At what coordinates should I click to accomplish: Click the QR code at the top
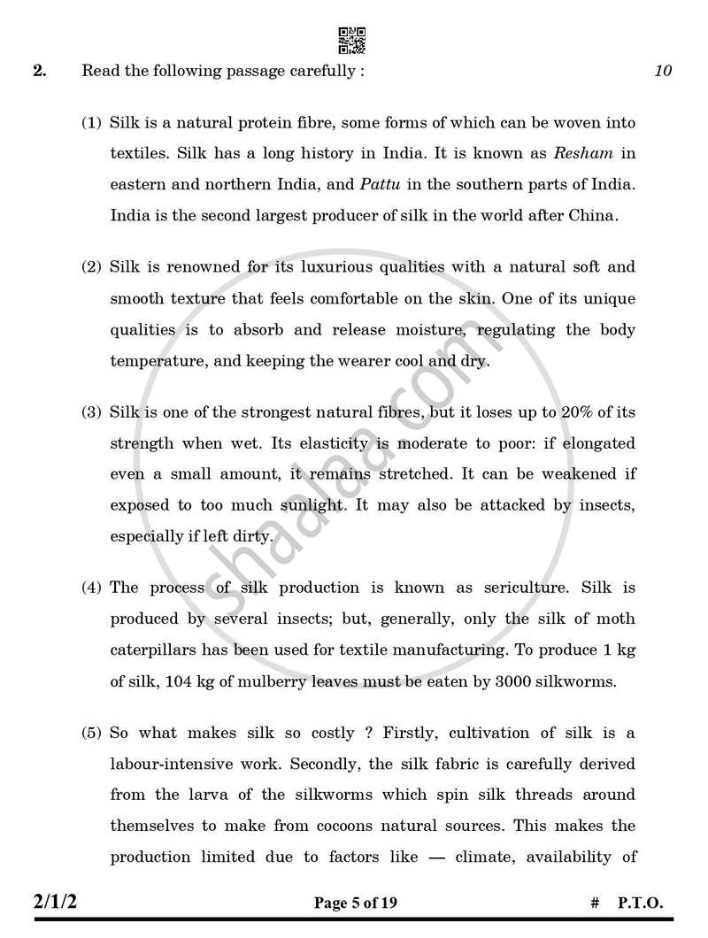[x=351, y=41]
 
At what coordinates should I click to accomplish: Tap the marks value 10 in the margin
[x=663, y=72]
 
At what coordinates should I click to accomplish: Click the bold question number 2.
[x=40, y=72]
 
